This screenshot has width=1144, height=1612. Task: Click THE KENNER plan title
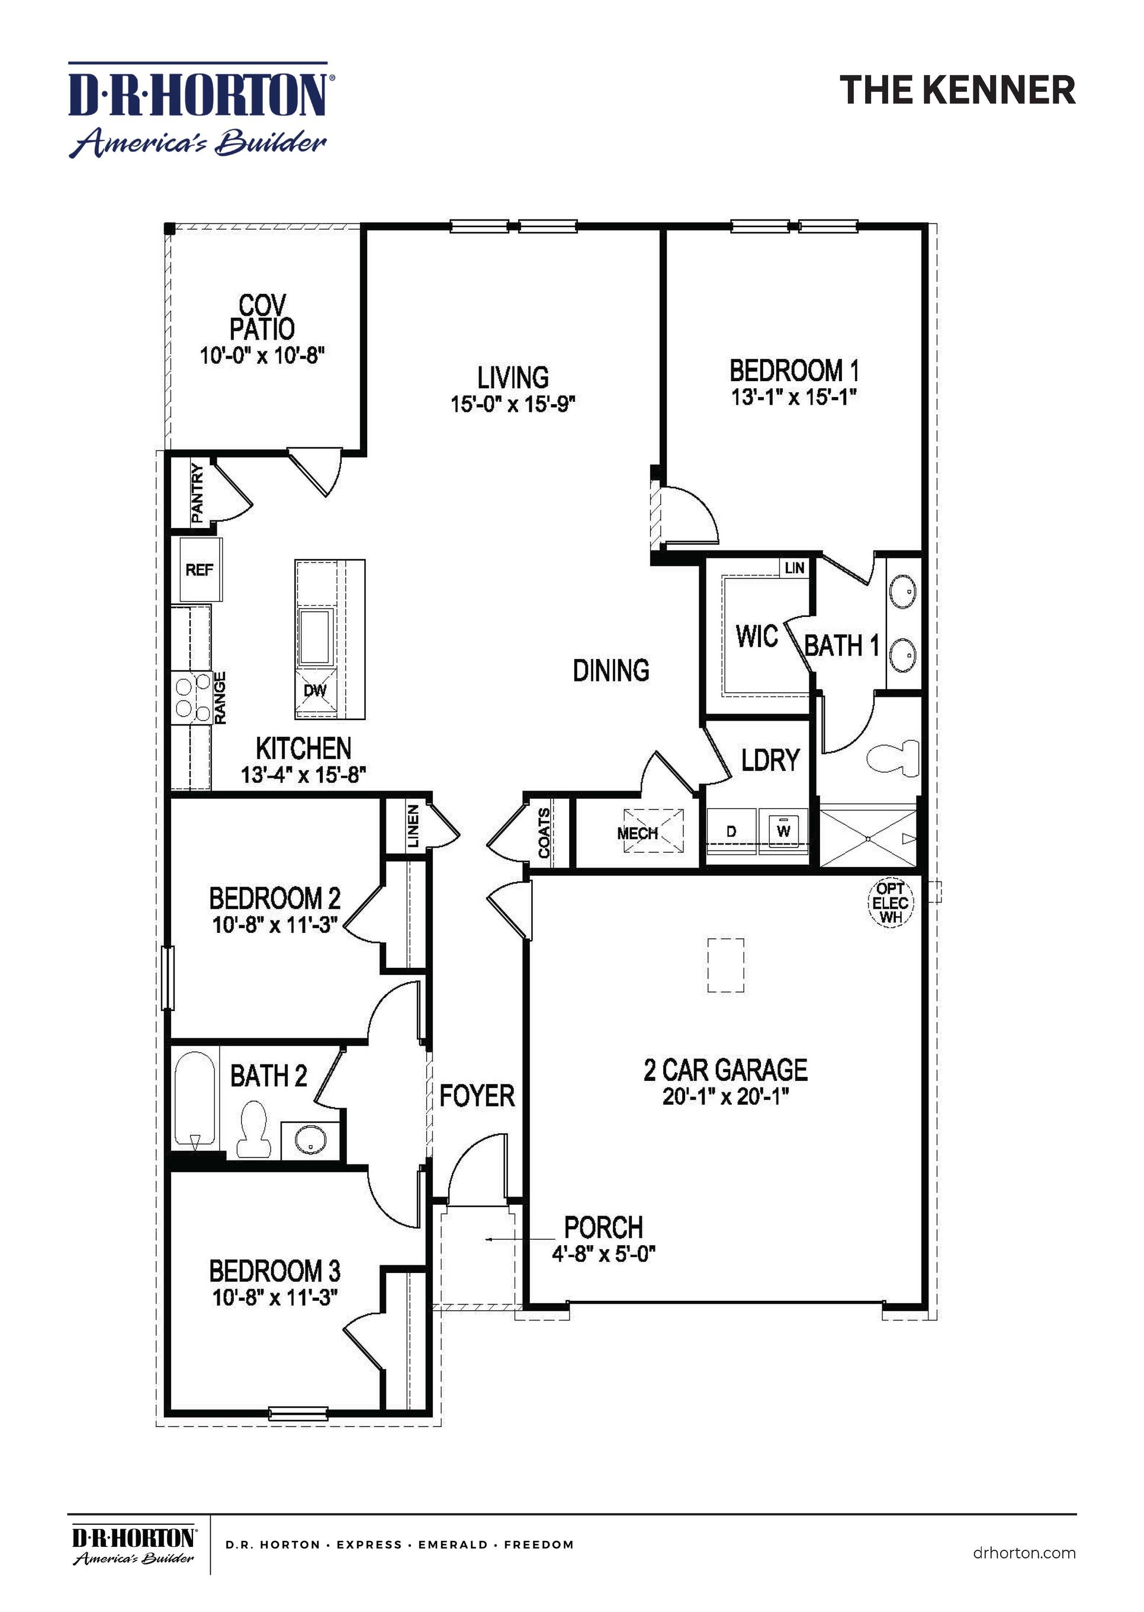957,90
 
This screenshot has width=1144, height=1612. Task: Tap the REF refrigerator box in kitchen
200,570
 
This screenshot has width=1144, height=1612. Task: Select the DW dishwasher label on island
315,690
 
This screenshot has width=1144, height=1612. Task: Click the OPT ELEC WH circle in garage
890,903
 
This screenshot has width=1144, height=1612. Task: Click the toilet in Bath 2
254,1129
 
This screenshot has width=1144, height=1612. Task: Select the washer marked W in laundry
783,831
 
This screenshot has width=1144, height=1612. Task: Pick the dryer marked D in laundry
731,831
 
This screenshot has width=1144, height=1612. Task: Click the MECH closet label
638,833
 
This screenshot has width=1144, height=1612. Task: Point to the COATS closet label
544,833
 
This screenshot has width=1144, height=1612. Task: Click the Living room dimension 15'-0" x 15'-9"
513,404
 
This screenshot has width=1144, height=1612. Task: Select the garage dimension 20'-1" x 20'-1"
725,1097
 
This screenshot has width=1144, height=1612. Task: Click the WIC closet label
757,636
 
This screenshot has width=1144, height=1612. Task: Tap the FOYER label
477,1095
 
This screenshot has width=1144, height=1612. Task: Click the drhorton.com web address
1024,1552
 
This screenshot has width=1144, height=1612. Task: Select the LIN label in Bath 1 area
794,567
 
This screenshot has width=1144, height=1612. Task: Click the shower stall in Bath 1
869,838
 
